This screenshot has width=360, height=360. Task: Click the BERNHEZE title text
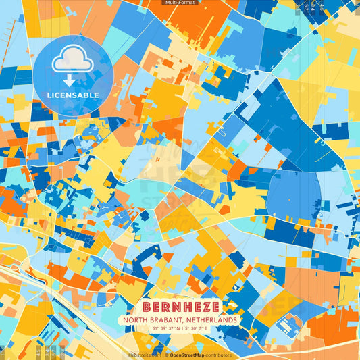180,306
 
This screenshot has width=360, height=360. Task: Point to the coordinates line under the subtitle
180,328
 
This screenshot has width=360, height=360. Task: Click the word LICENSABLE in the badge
72,95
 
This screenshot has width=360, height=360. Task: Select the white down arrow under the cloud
70,80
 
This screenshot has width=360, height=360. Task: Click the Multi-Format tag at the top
180,3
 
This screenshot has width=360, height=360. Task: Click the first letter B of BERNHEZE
147,306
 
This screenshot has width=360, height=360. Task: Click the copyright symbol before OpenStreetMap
166,355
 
